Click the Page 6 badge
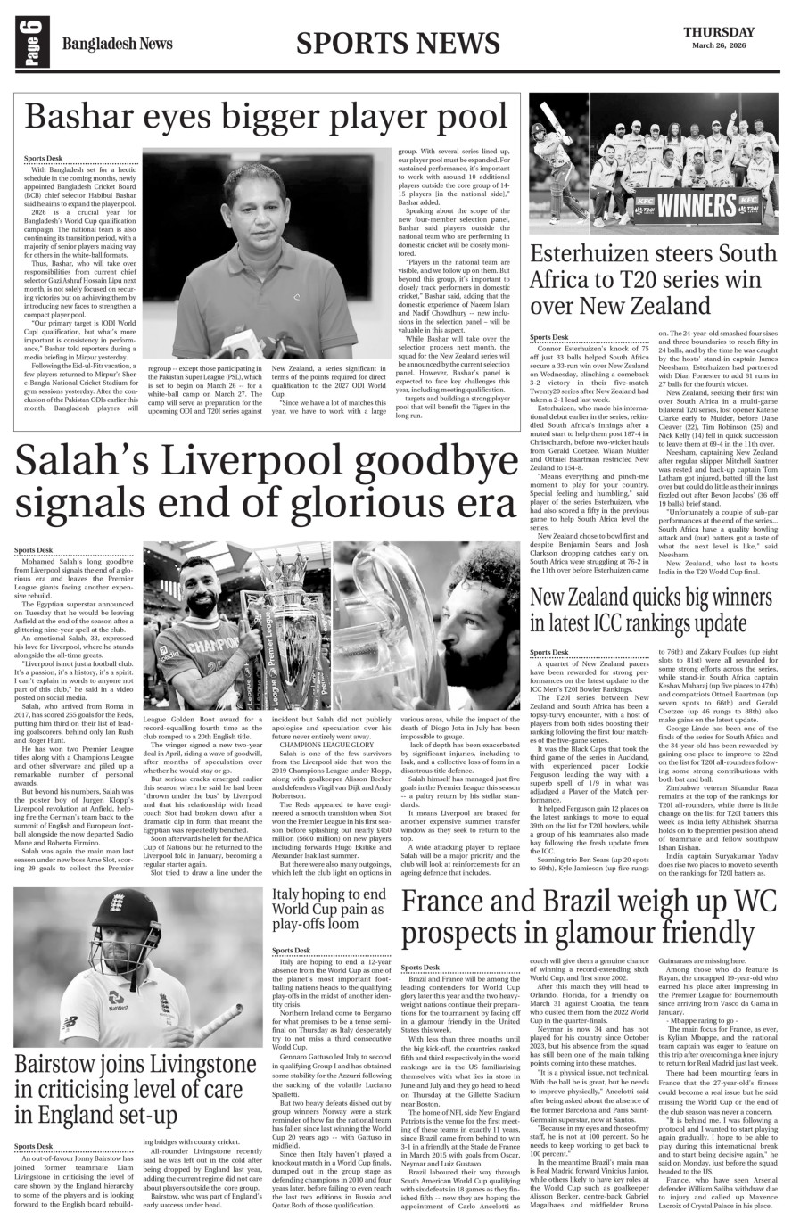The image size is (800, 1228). [28, 43]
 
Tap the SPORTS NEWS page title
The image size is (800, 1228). [397, 42]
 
